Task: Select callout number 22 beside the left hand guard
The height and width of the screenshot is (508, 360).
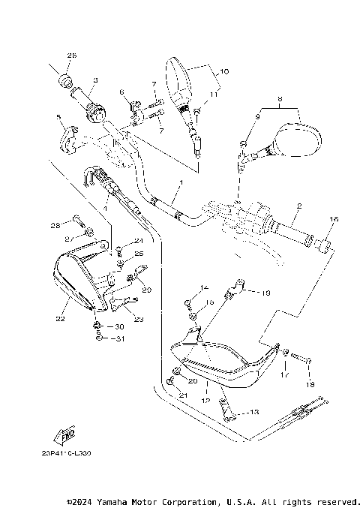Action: tap(61, 319)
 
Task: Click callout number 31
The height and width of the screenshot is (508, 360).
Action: tap(118, 338)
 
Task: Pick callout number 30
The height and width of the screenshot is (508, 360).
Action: tap(118, 326)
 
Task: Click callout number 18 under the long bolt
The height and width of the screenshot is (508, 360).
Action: tap(310, 384)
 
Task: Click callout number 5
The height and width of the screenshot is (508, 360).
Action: tap(58, 118)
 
